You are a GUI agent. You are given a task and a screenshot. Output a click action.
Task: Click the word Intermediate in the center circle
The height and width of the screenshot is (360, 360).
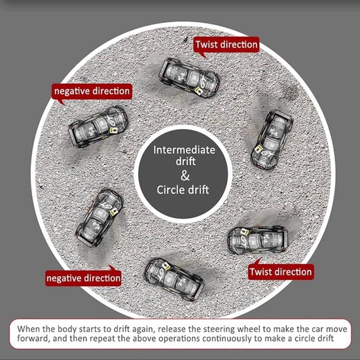pyautogui.click(x=184, y=150)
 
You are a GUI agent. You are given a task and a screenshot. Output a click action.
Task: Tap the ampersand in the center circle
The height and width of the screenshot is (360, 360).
pyautogui.click(x=185, y=175)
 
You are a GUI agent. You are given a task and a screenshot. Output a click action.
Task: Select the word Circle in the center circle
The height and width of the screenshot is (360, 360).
pyautogui.click(x=170, y=190)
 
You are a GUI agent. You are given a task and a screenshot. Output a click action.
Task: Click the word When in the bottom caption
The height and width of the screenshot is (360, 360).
pyautogui.click(x=28, y=329)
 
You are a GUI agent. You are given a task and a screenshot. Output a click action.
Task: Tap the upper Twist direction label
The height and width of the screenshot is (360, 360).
pyautogui.click(x=226, y=45)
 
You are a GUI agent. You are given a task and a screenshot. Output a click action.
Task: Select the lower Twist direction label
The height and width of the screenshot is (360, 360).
pyautogui.click(x=281, y=272)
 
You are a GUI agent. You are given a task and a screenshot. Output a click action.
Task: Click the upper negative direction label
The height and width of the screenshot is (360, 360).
pyautogui.click(x=92, y=91)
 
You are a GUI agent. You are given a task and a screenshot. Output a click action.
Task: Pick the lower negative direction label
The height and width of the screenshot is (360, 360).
pyautogui.click(x=83, y=278)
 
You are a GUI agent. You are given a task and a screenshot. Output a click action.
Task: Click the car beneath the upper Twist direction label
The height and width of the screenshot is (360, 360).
pyautogui.click(x=190, y=78)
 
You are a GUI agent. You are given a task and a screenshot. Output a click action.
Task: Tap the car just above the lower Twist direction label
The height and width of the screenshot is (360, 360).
pyautogui.click(x=258, y=240)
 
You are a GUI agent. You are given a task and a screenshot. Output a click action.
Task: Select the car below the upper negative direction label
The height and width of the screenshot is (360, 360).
pyautogui.click(x=98, y=126)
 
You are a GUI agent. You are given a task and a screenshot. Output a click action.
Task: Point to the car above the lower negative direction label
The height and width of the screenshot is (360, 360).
pyautogui.click(x=99, y=218)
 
